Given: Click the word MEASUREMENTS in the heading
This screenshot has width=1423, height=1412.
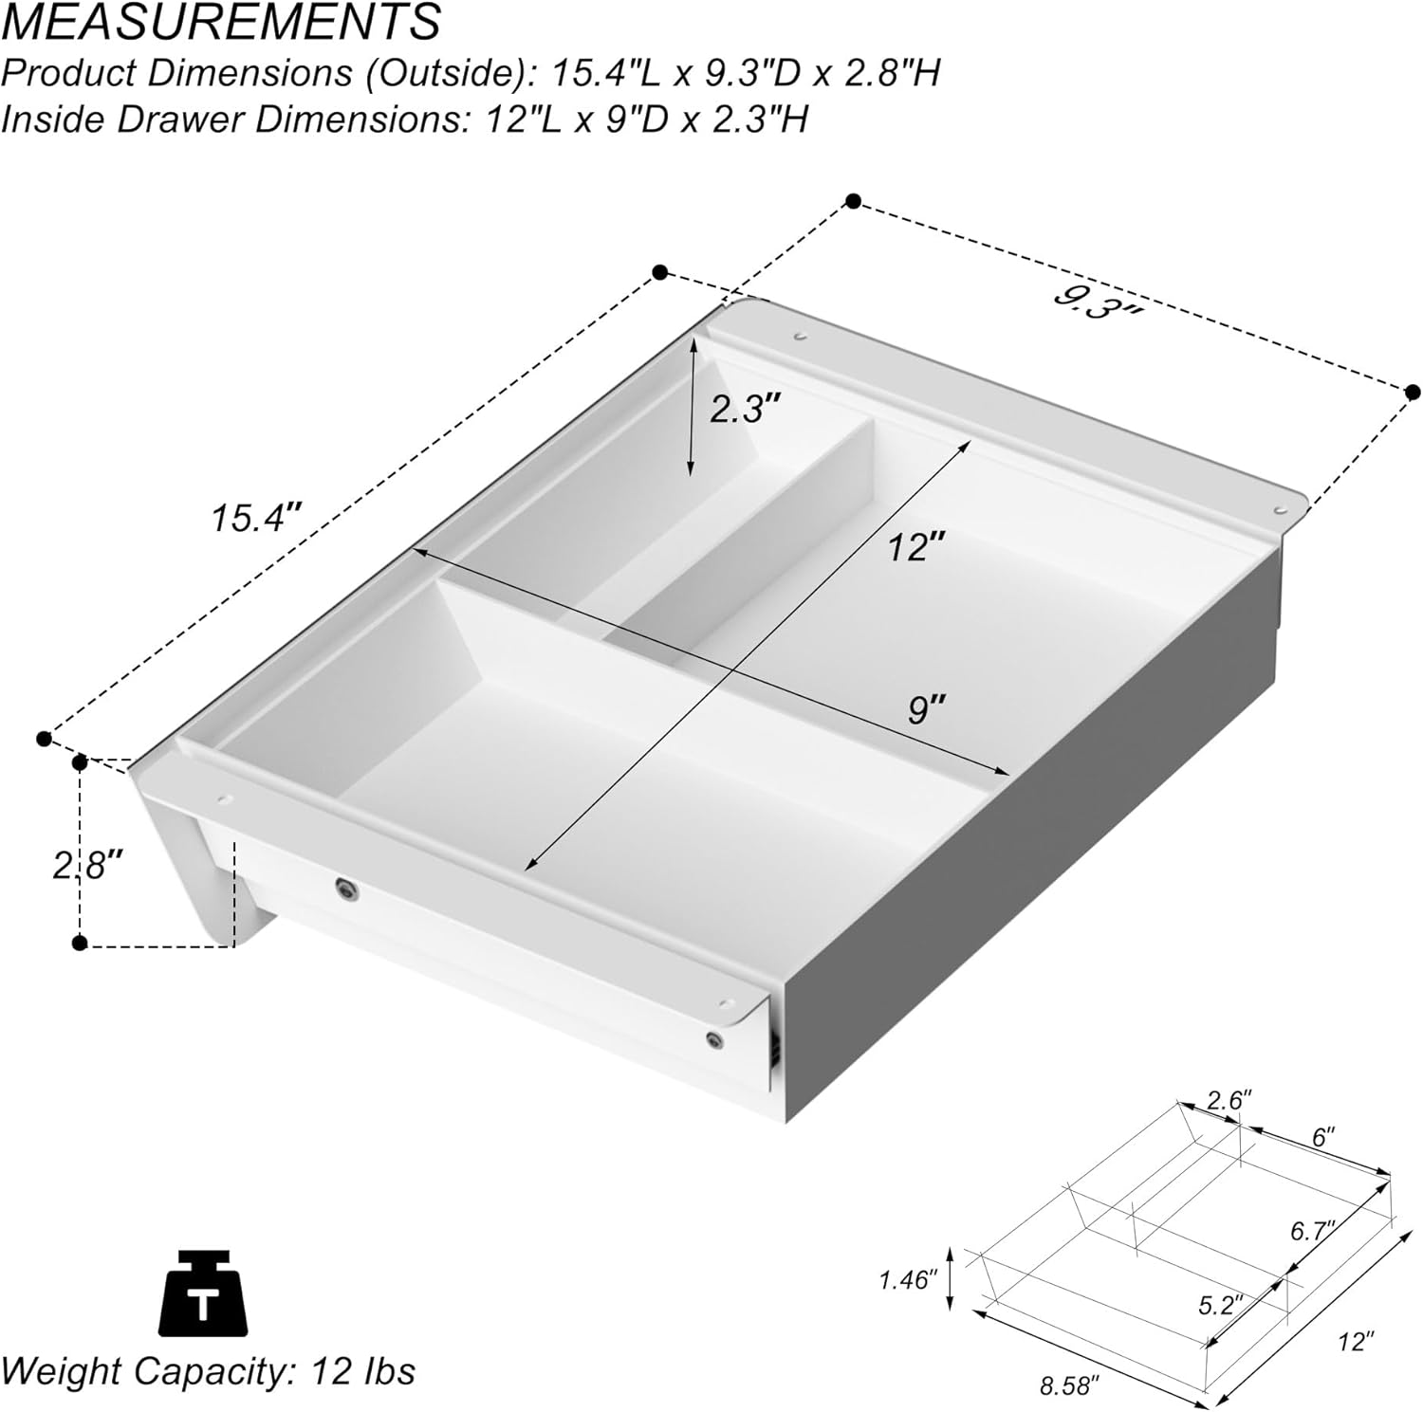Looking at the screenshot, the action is pyautogui.click(x=221, y=22).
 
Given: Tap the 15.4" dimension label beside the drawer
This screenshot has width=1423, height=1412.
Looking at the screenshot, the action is pyautogui.click(x=255, y=518).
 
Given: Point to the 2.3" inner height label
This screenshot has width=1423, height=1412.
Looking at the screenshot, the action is pyautogui.click(x=745, y=409).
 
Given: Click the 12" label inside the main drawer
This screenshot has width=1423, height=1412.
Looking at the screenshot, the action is pyautogui.click(x=916, y=547).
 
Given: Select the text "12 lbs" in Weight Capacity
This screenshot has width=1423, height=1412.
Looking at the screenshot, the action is pyautogui.click(x=363, y=1371).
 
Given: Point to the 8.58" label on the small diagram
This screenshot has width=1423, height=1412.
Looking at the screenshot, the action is pyautogui.click(x=1069, y=1385).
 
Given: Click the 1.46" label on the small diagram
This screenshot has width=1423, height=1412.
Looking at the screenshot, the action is pyautogui.click(x=908, y=1280).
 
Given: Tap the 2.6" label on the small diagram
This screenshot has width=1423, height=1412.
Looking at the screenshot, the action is pyautogui.click(x=1229, y=1100).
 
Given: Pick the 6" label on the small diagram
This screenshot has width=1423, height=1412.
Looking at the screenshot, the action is pyautogui.click(x=1323, y=1135).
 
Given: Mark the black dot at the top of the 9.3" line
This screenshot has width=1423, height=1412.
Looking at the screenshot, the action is pyautogui.click(x=853, y=201).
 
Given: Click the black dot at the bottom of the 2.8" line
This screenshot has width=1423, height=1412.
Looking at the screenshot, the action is pyautogui.click(x=80, y=943).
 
